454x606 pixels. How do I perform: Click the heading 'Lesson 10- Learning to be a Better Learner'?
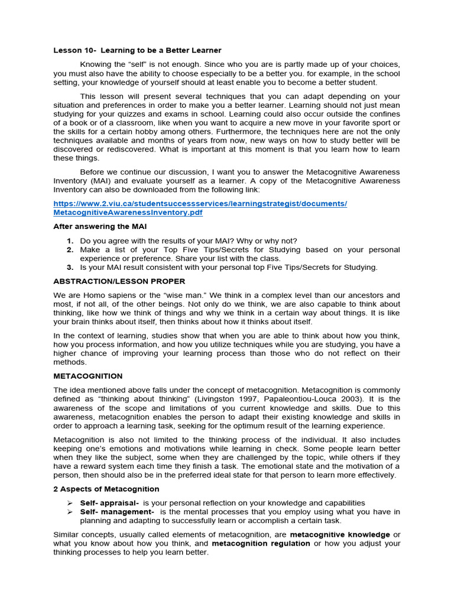[x=137, y=50]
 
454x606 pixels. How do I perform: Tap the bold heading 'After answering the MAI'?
[x=100, y=227]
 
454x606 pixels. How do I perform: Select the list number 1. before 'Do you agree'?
[x=70, y=241]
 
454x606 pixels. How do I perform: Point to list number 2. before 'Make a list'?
[x=70, y=250]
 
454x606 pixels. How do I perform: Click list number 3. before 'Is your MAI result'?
[x=70, y=267]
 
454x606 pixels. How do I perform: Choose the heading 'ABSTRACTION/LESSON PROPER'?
[x=119, y=281]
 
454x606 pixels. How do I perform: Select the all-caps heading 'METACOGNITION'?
[x=88, y=376]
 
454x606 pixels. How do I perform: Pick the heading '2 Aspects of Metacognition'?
[x=106, y=489]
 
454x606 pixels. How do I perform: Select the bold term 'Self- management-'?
[x=117, y=512]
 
